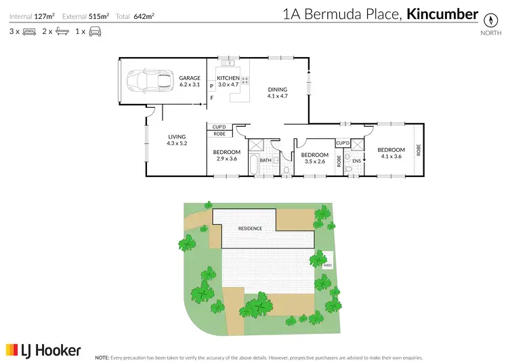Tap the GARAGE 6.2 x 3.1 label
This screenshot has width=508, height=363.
point(190,82)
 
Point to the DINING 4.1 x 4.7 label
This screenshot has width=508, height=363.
point(277,93)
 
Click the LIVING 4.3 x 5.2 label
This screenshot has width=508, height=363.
point(177,140)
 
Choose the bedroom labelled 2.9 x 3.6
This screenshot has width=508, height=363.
point(226,155)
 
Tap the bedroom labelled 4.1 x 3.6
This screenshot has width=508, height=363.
point(391,153)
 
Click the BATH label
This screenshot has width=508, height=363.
point(265,160)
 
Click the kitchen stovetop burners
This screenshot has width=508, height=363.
point(245,80)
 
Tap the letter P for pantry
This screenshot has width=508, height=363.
point(211,86)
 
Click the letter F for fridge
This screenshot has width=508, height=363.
point(211,98)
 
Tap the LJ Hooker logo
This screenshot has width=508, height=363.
point(43,350)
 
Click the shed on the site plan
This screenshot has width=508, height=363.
point(326,261)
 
